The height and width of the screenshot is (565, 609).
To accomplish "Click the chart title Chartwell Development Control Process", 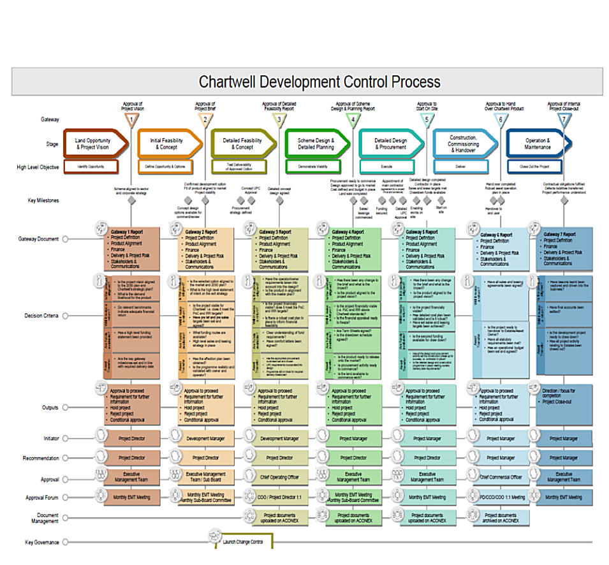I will (x=319, y=82).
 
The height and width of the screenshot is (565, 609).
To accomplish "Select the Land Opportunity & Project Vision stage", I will (x=93, y=144).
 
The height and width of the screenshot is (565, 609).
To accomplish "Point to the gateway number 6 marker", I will (x=501, y=119).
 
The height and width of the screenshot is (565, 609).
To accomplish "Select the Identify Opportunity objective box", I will (x=91, y=167).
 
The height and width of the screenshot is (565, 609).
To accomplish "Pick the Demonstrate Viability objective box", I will (x=314, y=167).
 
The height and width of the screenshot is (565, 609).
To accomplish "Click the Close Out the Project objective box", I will (x=535, y=167).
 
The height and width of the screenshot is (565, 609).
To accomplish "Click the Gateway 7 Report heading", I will (x=561, y=235).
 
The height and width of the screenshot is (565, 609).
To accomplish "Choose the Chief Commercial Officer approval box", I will (x=501, y=477).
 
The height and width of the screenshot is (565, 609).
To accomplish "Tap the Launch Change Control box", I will (x=242, y=542).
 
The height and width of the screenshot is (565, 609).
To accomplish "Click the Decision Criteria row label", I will (x=41, y=316).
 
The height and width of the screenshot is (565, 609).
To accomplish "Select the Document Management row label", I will (x=43, y=518).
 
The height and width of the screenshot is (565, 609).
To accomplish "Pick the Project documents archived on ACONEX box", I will (x=501, y=518).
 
